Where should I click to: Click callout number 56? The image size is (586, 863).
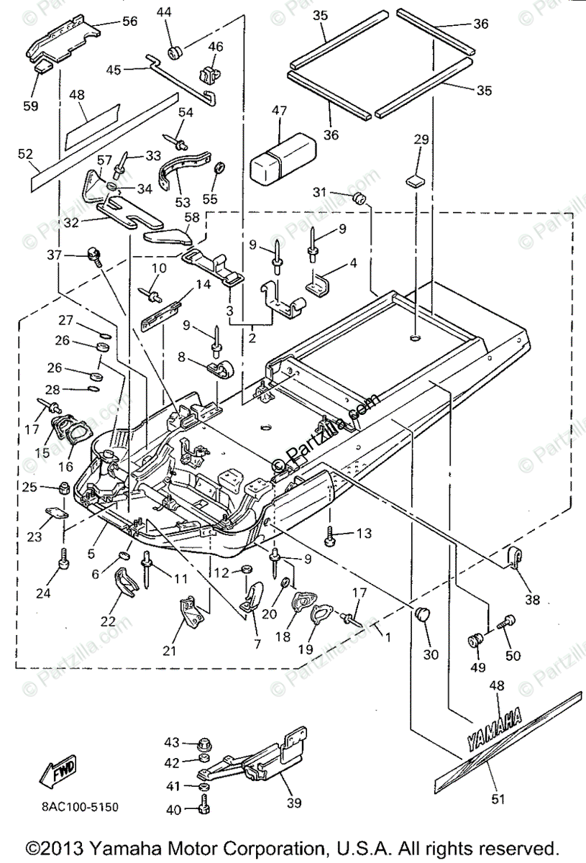click(129, 21)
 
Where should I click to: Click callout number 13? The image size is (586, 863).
click(365, 533)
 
